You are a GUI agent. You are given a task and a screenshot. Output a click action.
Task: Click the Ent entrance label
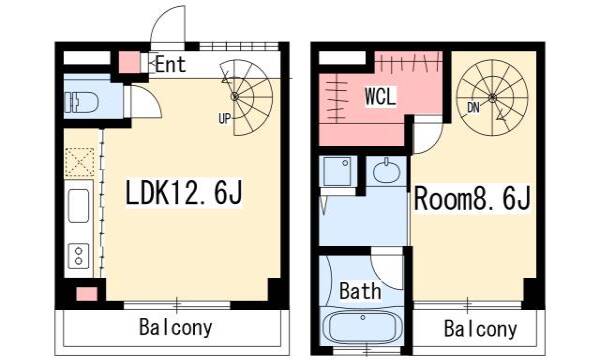[x=171, y=64]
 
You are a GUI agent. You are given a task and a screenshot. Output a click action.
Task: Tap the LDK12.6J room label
[x=184, y=193]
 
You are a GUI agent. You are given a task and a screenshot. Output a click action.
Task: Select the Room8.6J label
[x=472, y=198]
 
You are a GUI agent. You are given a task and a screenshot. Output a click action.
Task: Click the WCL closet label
[x=380, y=97]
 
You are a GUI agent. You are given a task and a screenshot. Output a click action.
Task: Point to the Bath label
[x=360, y=291]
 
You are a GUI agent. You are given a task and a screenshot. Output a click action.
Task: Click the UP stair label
[x=225, y=119]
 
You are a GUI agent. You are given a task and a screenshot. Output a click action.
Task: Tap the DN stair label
[x=473, y=108]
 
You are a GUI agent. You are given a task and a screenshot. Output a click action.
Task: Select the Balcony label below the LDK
[x=176, y=327]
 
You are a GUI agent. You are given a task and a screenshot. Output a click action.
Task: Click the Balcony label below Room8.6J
[x=481, y=329]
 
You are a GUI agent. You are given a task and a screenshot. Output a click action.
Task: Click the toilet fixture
[x=82, y=102]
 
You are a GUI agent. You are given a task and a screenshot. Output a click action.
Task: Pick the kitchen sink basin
[x=78, y=206]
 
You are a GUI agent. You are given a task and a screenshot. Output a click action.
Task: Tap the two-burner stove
[x=78, y=256]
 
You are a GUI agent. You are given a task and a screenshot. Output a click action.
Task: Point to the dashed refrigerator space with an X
[x=79, y=162]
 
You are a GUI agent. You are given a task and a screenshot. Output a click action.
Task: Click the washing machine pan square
[x=337, y=171]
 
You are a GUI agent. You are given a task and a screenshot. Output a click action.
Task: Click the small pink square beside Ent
[x=129, y=62]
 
